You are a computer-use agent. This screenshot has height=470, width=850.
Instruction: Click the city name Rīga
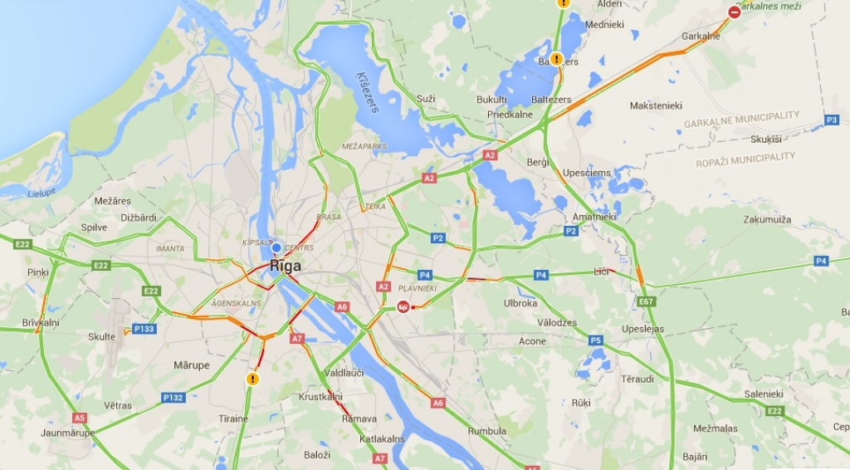coord(285,266)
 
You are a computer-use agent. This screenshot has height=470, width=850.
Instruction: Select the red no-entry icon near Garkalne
coord(734,12)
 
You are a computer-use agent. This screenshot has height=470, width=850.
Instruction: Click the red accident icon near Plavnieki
coord(403,306)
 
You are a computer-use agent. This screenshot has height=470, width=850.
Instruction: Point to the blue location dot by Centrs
coord(276,247)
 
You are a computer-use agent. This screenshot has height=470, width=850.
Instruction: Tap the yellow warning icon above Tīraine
coord(252,379)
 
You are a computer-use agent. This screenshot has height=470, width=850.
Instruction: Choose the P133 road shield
coord(144,329)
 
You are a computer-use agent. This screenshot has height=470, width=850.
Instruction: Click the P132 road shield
coord(173,397)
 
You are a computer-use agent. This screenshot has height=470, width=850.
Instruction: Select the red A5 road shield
coord(79,418)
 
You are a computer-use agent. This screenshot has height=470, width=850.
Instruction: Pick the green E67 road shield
coord(647,301)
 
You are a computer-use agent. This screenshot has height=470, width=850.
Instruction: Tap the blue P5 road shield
coord(595,340)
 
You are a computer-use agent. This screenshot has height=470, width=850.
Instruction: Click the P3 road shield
coord(831,120)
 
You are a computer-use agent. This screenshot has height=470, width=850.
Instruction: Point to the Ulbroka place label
coord(520,303)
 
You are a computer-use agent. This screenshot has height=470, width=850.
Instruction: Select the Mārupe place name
coord(191,365)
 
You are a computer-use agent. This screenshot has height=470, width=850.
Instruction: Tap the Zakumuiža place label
coord(767,220)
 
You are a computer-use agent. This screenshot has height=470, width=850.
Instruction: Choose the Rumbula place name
coord(487,431)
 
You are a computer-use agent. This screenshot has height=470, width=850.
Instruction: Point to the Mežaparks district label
coord(364,146)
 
